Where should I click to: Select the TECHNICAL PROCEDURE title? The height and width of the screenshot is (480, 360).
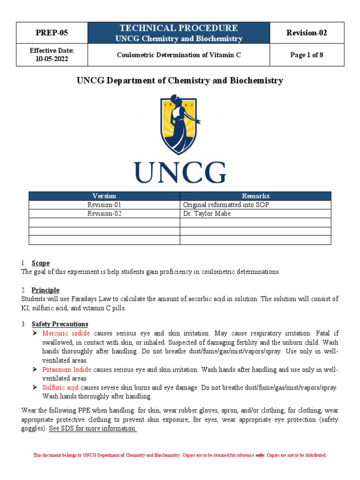179,28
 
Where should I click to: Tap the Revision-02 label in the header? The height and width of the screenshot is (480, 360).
307,33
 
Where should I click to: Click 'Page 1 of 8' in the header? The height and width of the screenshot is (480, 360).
307,55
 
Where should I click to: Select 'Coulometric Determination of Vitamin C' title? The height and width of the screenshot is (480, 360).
179,55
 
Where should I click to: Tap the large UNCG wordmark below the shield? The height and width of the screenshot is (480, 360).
180,172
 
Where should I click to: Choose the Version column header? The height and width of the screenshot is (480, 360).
104,196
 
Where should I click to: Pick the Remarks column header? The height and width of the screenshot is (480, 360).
255,196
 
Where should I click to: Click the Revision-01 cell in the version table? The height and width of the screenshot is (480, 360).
104,205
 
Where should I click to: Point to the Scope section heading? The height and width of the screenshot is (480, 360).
40,263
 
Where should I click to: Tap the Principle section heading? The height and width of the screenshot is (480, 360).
45,290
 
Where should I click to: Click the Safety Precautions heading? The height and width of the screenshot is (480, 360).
60,324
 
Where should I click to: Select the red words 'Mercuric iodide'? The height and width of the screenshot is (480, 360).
66,333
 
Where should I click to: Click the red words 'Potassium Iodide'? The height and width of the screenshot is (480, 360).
66,369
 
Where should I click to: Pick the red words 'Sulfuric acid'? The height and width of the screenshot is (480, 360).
60,388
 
